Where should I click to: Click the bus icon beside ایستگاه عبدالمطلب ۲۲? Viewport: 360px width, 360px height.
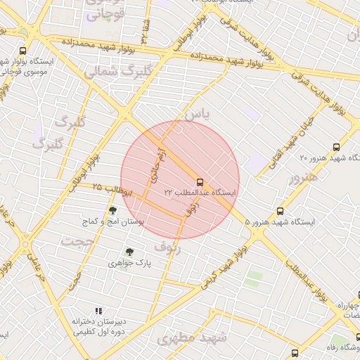200,181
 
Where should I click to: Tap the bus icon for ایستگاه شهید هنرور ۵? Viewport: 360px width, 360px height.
281,211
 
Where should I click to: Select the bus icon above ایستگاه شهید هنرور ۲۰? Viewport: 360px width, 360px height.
336,147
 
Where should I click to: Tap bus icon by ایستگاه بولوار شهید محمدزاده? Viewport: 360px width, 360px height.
23,51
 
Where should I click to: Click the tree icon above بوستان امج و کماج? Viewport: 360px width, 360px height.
112,210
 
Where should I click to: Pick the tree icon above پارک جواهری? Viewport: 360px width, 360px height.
129,252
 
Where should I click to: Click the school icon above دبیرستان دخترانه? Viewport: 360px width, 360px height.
98,311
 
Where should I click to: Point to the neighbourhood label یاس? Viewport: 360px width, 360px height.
196,114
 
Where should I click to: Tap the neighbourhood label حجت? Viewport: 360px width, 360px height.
77,241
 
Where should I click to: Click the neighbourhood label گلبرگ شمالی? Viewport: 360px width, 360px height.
119,72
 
